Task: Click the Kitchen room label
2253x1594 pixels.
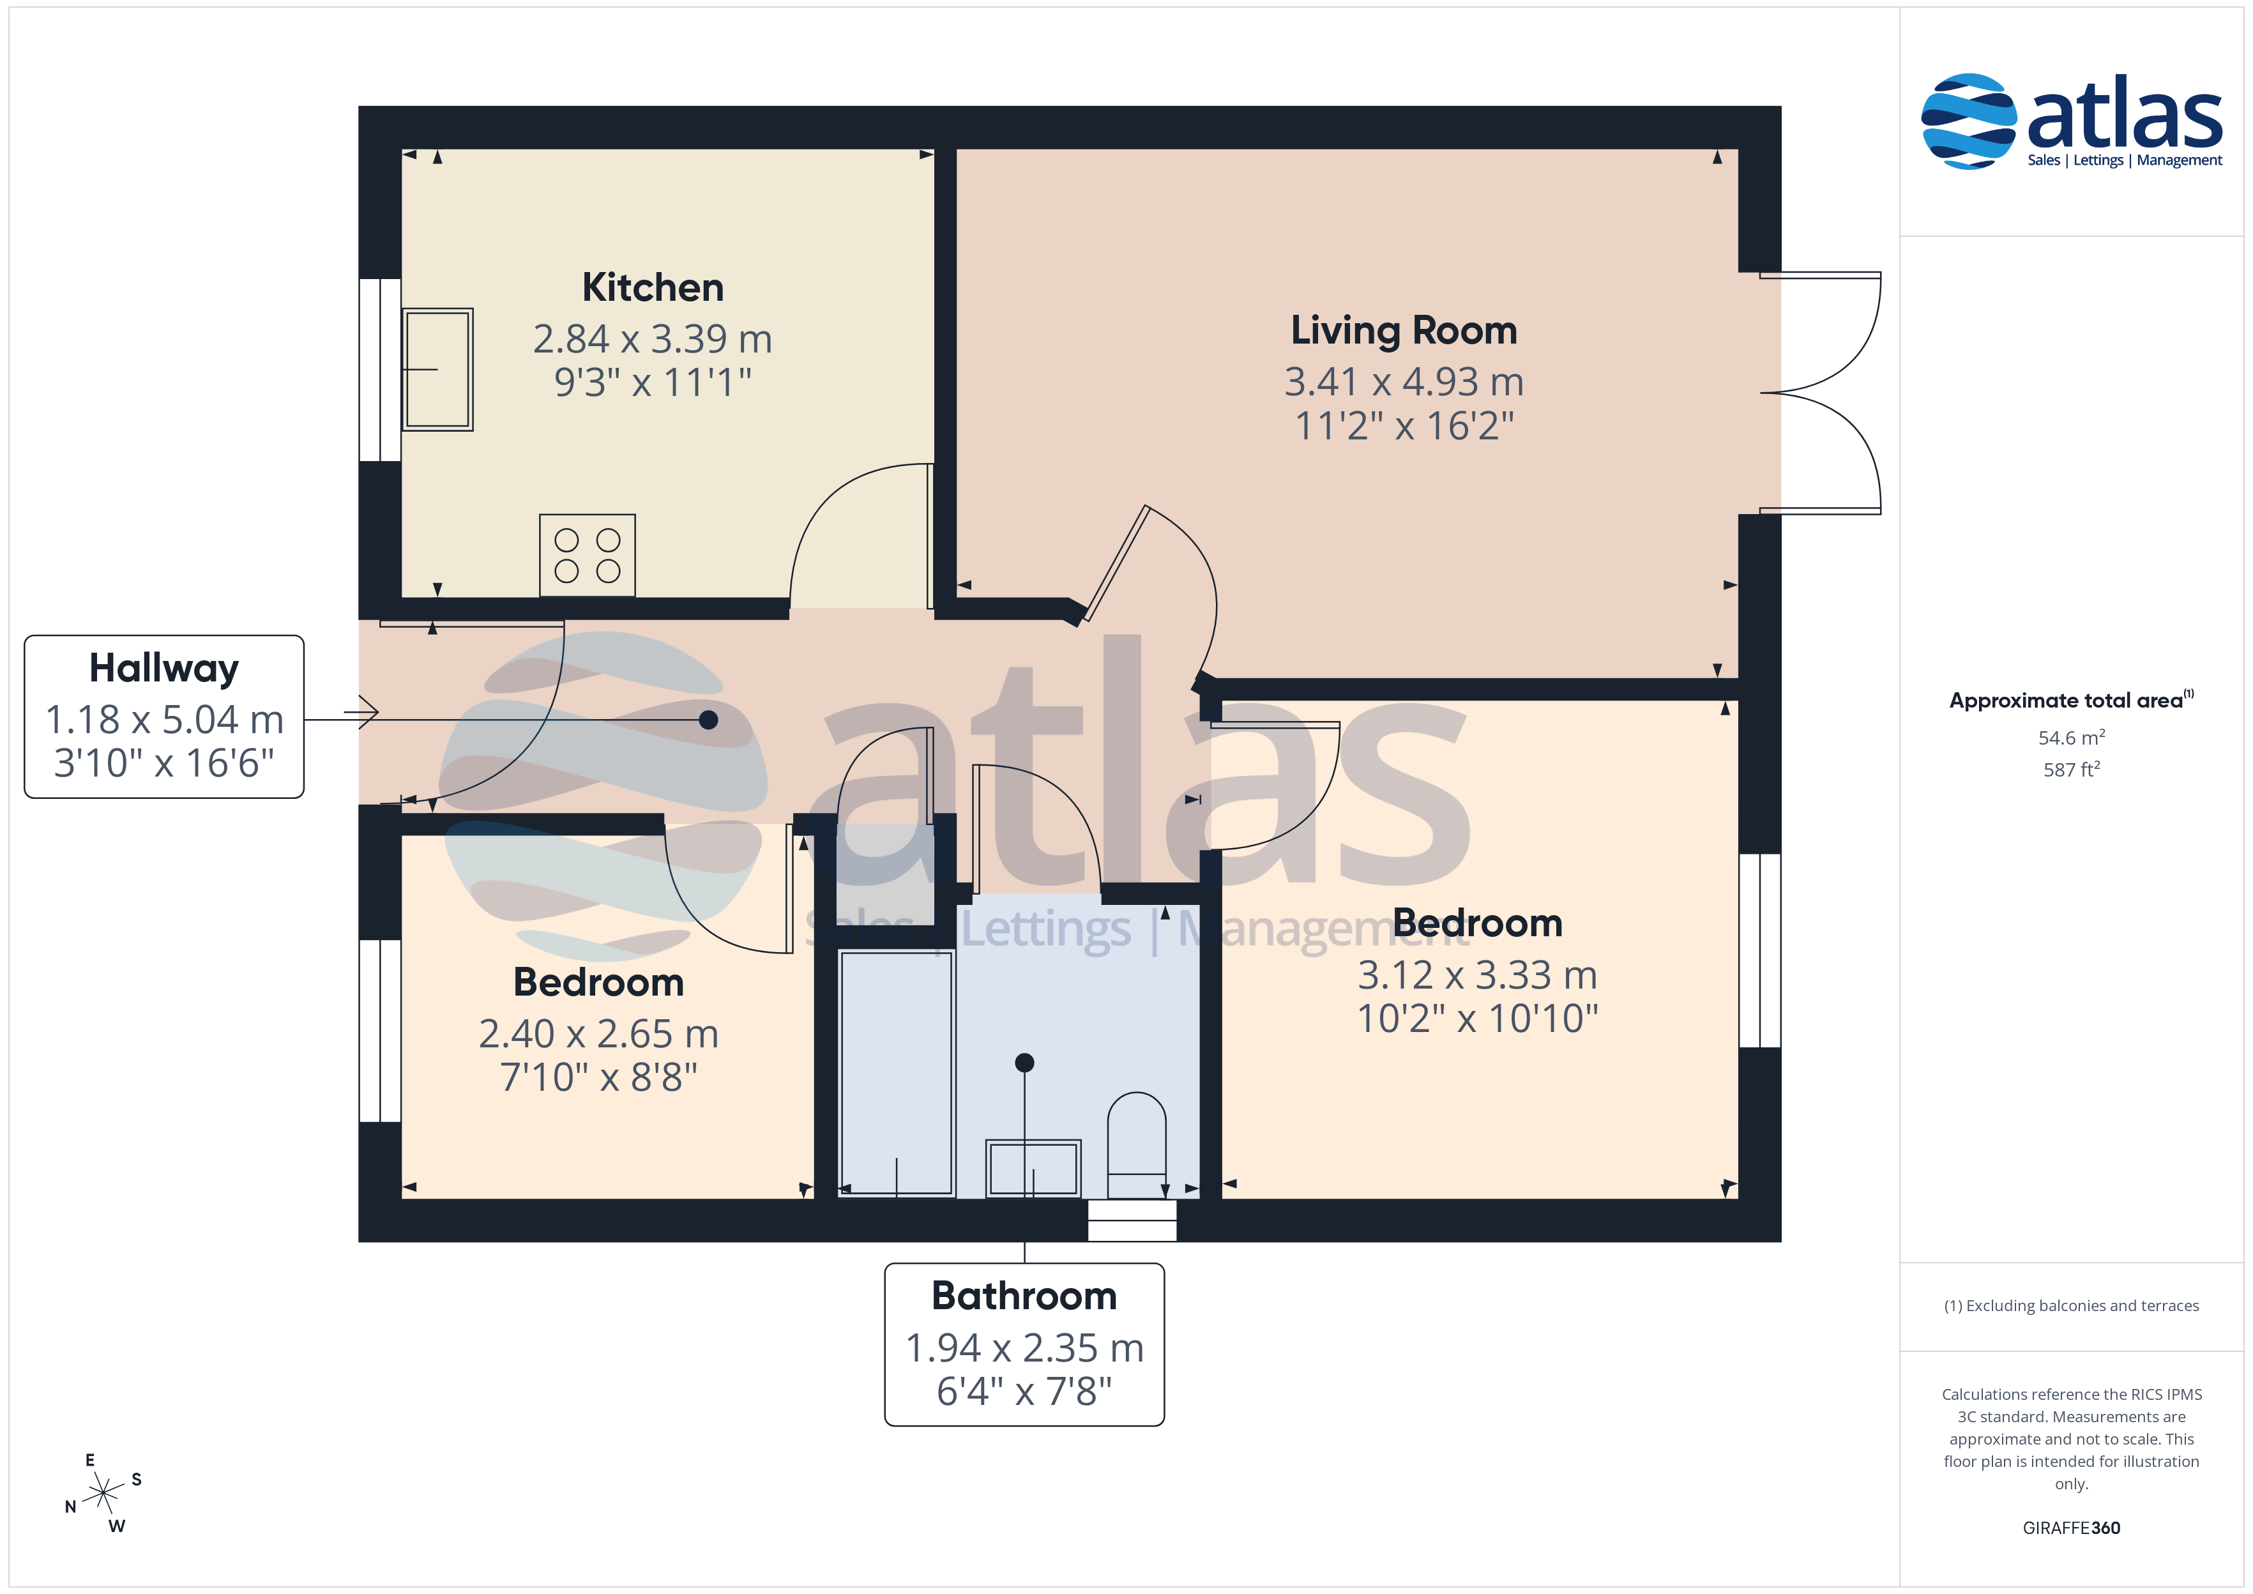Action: (653, 287)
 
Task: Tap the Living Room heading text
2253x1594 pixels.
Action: (1403, 331)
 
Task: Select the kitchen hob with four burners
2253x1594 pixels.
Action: (587, 556)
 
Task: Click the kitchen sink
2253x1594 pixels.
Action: (437, 369)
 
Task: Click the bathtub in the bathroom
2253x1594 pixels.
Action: (897, 1073)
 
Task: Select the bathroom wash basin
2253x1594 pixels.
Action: (1033, 1168)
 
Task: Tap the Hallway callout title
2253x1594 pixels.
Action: (164, 669)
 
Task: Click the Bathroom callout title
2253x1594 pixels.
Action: (1024, 1296)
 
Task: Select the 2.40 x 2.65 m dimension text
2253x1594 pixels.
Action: (598, 1033)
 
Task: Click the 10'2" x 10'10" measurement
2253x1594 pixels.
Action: (1477, 1019)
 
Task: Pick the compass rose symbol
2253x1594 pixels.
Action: (103, 1494)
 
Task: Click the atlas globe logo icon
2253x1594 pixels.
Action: (1968, 121)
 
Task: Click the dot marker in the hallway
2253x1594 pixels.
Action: (708, 720)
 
